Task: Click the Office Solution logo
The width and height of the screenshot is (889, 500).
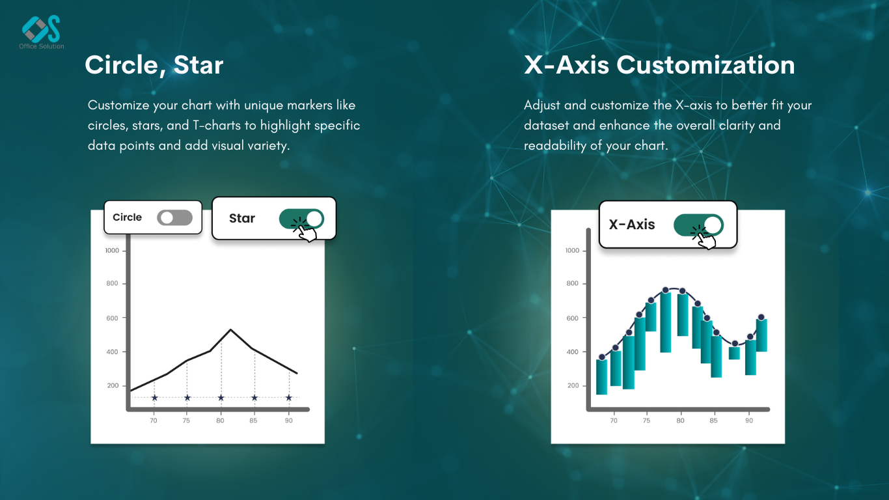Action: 41,32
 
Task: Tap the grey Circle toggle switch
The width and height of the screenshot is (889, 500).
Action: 174,217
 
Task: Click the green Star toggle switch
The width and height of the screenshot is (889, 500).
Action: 301,219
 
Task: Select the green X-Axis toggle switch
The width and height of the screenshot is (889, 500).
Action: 698,225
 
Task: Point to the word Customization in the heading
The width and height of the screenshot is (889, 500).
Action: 705,64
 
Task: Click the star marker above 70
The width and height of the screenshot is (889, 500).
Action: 154,398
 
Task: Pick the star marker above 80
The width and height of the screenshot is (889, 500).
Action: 221,398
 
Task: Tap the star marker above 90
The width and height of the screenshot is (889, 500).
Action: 288,398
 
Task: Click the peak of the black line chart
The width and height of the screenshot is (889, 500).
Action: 230,329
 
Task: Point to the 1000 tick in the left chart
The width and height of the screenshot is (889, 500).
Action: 112,251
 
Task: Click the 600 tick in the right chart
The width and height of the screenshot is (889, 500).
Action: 572,318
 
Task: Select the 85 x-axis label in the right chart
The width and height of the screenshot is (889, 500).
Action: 713,421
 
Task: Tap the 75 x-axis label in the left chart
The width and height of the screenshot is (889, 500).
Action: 186,421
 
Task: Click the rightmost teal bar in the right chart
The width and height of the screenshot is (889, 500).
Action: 761,335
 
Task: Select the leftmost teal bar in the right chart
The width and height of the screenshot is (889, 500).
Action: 601,377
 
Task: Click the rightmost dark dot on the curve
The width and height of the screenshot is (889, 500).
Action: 761,317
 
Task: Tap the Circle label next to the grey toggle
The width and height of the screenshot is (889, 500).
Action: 127,217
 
